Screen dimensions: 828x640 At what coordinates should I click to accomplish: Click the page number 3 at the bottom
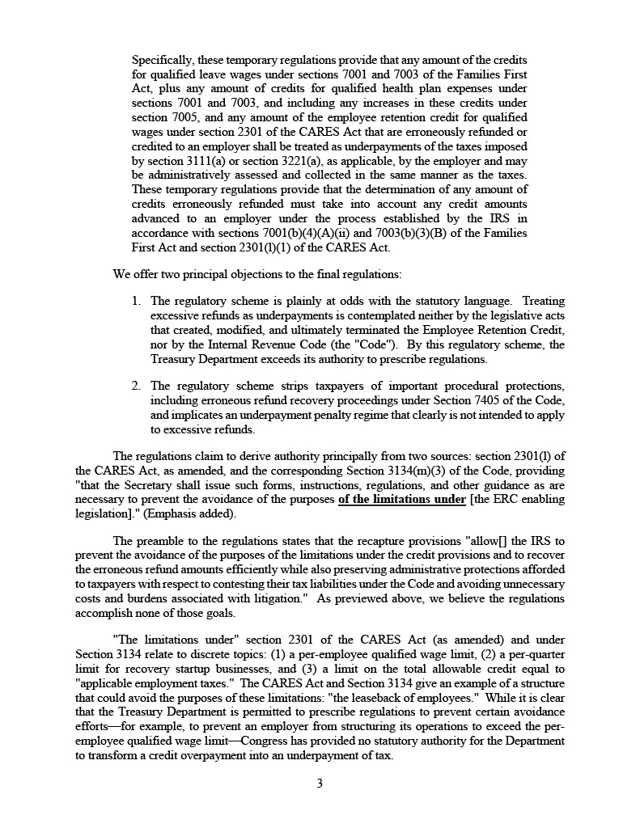pos(320,783)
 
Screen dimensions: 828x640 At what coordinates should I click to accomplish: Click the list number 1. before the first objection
pos(137,301)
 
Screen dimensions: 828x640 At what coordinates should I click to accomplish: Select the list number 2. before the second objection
pos(137,386)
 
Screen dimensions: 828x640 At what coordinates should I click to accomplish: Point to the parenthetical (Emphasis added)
pos(189,513)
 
